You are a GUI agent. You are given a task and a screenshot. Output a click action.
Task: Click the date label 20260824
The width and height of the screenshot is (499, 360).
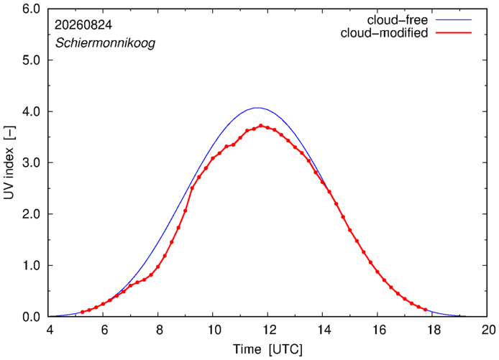tap(83, 25)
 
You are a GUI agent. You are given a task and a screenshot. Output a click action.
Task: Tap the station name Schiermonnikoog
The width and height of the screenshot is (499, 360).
tap(106, 43)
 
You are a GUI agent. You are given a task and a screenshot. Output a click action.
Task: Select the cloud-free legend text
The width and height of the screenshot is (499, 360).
tap(398, 20)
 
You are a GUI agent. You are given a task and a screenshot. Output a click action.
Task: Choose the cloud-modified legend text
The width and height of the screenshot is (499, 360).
tap(384, 33)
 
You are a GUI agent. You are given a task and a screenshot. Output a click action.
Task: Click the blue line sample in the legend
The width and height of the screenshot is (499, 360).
tap(454, 19)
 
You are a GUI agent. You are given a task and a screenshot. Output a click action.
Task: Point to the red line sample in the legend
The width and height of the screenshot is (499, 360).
tap(454, 32)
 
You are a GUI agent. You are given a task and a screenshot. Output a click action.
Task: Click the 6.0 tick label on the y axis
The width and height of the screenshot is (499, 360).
tap(31, 9)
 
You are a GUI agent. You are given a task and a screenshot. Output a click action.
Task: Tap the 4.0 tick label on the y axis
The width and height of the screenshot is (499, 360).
tap(31, 111)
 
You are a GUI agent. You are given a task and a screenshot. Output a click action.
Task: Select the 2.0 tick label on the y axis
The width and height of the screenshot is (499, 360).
tap(31, 214)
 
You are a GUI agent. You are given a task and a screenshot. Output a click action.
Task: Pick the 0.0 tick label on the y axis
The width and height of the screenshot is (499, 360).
tap(31, 317)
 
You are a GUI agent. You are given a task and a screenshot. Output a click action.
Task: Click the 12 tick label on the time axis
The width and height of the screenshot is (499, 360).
tap(269, 330)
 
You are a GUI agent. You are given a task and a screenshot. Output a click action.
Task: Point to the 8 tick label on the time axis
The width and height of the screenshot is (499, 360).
tap(160, 330)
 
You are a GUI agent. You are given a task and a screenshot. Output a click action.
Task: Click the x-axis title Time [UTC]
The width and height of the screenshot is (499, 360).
tap(267, 349)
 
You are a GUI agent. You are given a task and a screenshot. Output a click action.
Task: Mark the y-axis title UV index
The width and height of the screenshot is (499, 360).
tap(9, 162)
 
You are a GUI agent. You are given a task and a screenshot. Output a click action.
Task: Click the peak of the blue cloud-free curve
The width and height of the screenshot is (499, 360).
tap(257, 108)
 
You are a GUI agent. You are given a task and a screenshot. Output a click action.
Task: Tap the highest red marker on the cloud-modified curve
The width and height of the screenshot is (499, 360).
tap(261, 126)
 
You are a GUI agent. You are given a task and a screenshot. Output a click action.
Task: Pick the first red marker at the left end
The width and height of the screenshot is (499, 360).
tap(83, 312)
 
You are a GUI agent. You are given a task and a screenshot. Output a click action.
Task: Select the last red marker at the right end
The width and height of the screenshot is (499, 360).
tap(425, 310)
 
